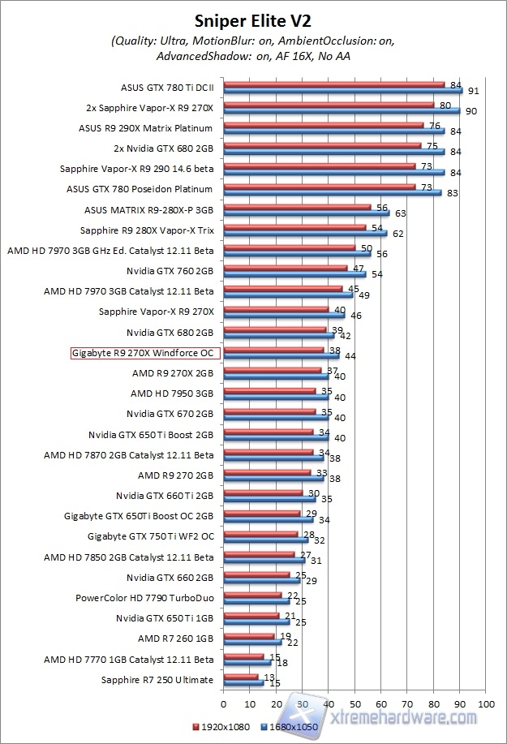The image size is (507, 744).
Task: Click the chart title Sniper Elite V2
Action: [254, 18]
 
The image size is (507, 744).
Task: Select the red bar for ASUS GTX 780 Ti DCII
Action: [333, 84]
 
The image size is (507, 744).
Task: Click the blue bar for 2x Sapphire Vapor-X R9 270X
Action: [341, 110]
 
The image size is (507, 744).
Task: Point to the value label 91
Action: [471, 91]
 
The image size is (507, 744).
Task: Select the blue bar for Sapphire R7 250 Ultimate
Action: [243, 683]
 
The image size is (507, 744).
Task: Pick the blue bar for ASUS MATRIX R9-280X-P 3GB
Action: [306, 213]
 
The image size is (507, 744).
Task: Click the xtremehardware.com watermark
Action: [406, 716]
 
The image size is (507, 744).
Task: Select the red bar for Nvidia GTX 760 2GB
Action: [285, 267]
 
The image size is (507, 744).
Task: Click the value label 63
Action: [397, 214]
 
